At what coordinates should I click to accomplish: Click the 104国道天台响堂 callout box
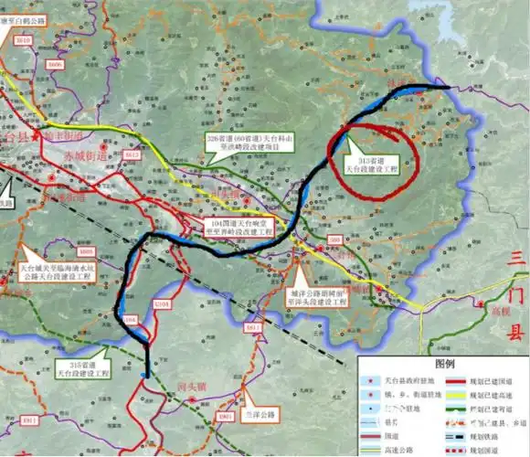coord(243,228)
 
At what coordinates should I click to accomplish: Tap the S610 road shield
coord(25,41)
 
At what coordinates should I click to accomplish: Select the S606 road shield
coord(56,65)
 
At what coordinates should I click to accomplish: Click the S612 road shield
coord(132,156)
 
